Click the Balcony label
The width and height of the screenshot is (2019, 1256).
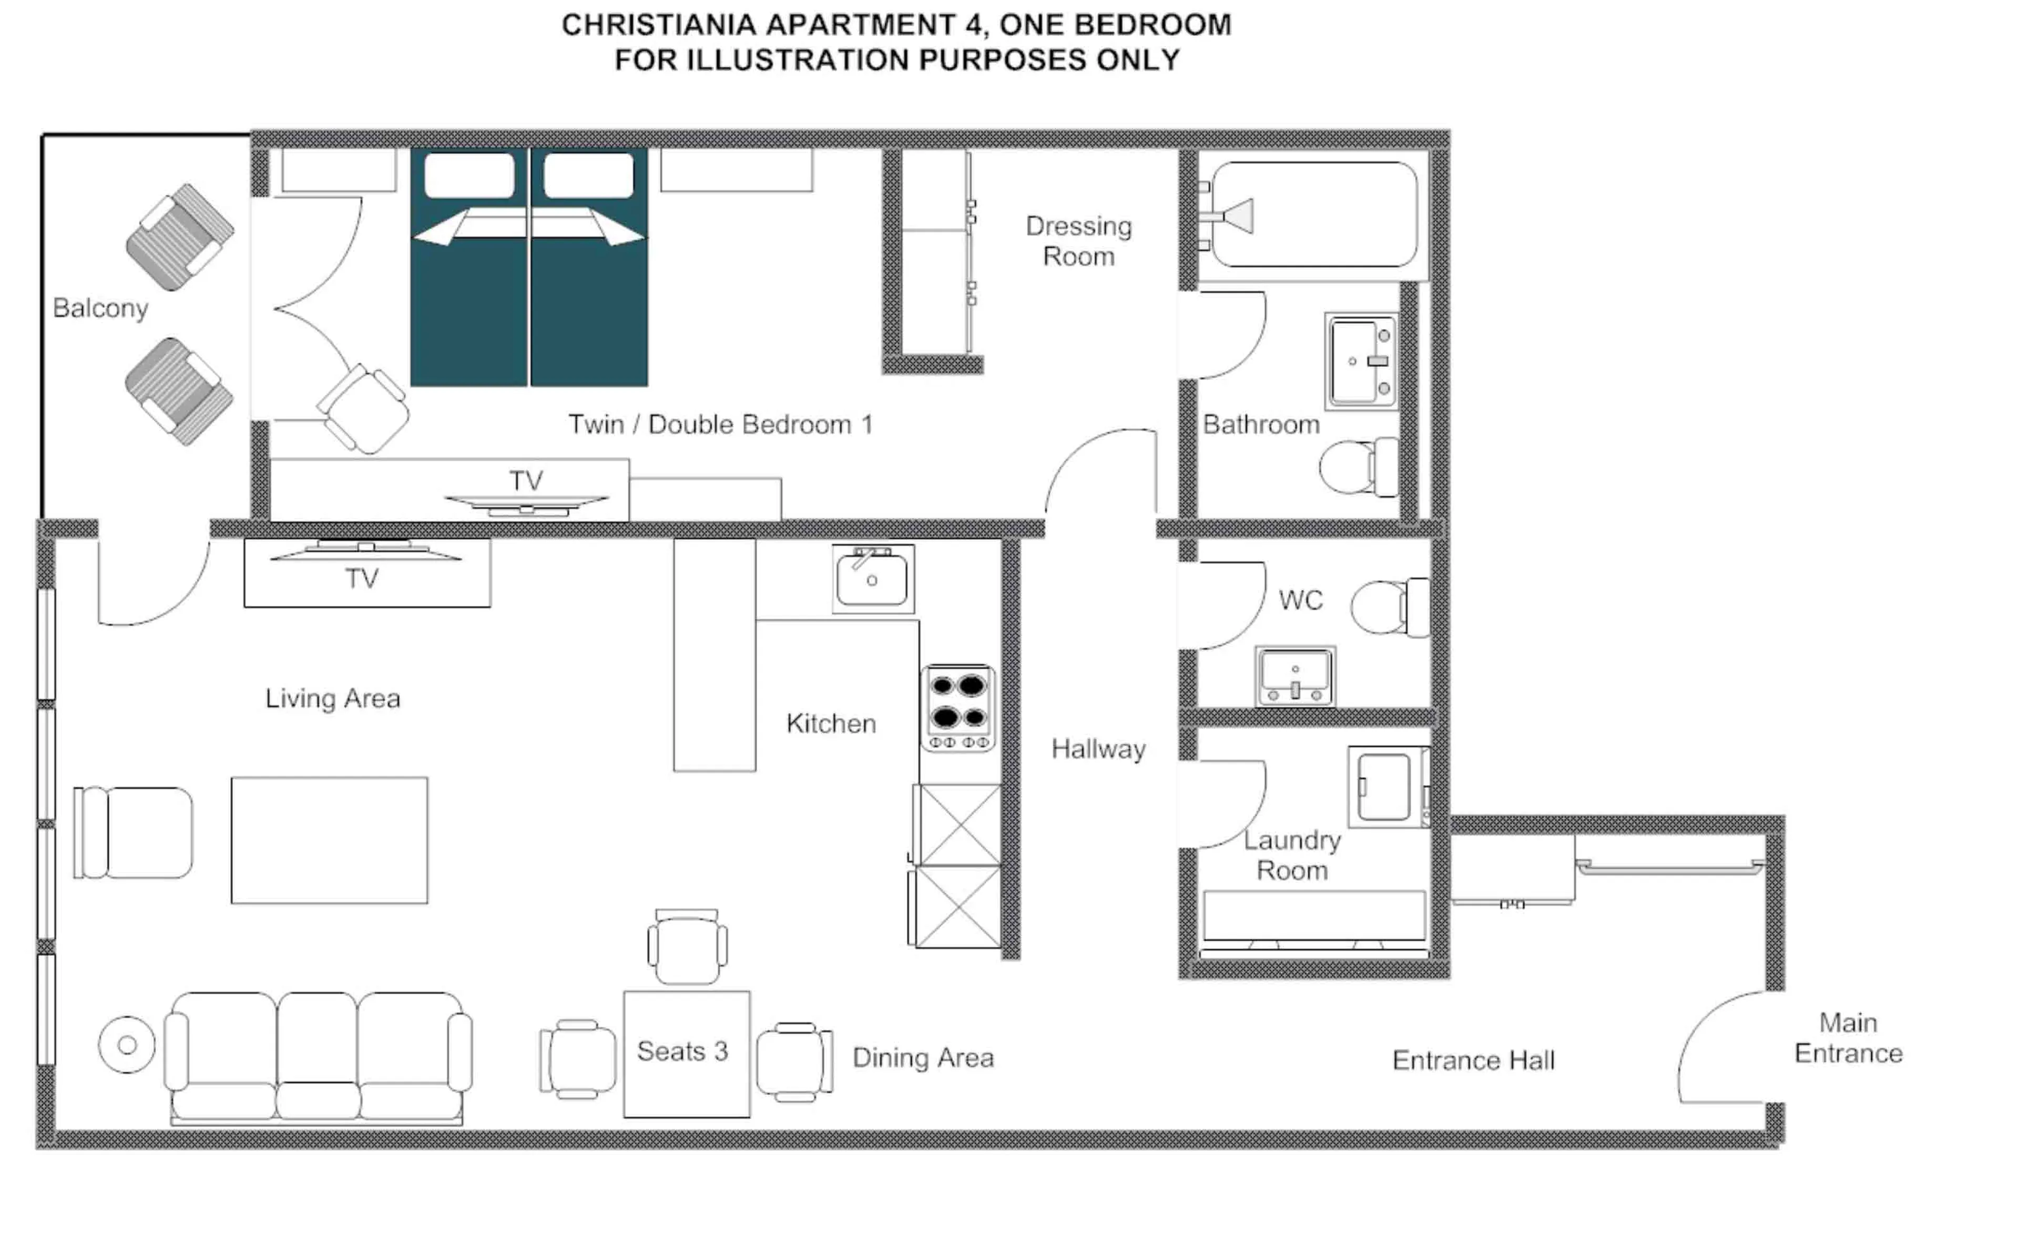click(x=100, y=308)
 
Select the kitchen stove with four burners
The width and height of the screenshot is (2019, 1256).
click(x=958, y=708)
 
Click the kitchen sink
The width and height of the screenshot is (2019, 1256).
click(x=872, y=579)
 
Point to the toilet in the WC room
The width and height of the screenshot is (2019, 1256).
click(x=1388, y=607)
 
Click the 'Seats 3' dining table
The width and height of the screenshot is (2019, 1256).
click(x=686, y=1053)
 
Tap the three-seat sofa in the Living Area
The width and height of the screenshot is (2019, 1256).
click(x=318, y=1055)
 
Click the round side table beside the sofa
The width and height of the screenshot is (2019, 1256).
click(x=126, y=1044)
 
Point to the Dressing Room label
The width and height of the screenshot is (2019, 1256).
click(x=1078, y=241)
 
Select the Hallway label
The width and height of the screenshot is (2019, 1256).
click(x=1098, y=749)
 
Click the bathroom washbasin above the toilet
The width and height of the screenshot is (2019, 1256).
click(x=1361, y=362)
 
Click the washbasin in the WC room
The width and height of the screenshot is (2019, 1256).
click(x=1294, y=675)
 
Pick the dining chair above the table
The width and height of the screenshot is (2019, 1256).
click(x=686, y=947)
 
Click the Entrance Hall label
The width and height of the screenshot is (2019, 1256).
click(x=1472, y=1061)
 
